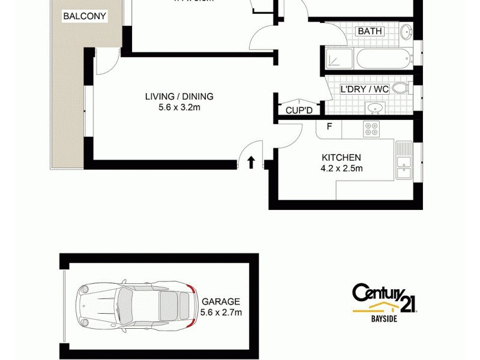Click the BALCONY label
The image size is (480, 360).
[85, 17]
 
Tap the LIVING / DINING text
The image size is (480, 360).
[179, 96]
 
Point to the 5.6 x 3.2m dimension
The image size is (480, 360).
[179, 108]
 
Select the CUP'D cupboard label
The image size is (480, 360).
[298, 111]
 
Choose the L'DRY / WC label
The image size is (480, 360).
[365, 89]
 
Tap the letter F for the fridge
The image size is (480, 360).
[329, 127]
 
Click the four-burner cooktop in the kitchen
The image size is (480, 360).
[371, 128]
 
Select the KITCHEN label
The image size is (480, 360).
[341, 158]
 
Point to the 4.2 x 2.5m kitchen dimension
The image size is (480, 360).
[341, 169]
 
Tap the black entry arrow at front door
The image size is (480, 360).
[251, 162]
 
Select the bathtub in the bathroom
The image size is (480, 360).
[382, 59]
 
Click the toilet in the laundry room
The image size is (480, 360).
[400, 89]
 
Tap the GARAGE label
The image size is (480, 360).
[221, 302]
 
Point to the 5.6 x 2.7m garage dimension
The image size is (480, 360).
[221, 313]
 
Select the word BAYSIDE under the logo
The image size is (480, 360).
[383, 319]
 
